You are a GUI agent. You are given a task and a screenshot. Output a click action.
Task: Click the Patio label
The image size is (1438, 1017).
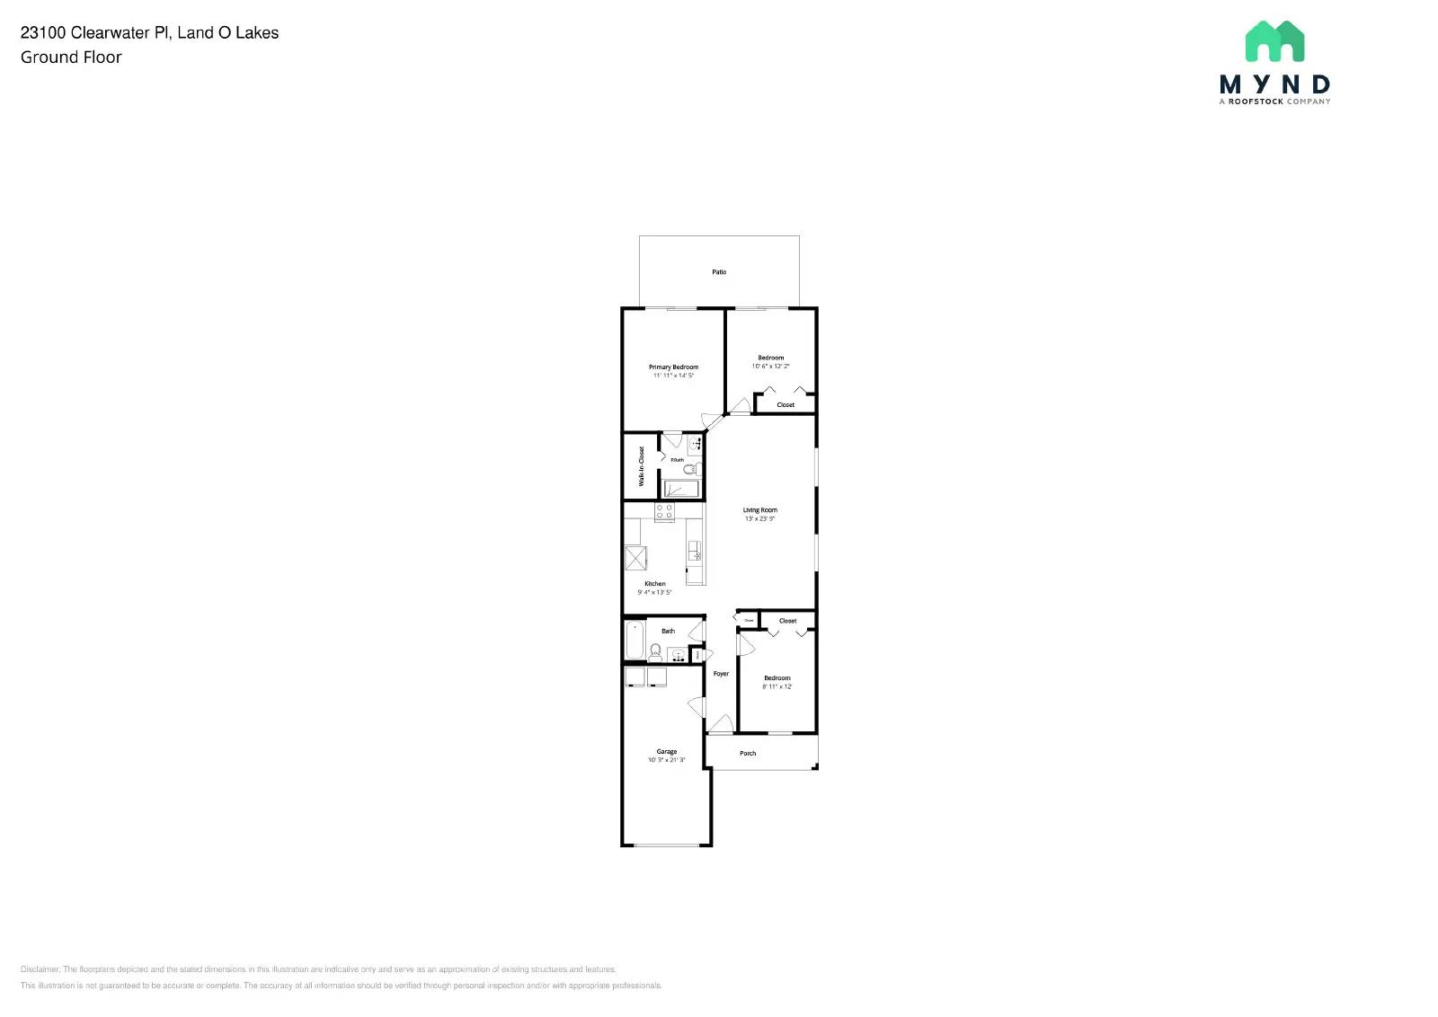(719, 271)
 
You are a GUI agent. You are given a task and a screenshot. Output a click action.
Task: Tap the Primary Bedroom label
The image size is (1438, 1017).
(673, 367)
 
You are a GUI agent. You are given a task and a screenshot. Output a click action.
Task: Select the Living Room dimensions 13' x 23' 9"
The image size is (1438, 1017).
(759, 518)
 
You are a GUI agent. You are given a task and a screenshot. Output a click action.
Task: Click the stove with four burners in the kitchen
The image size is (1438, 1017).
(664, 511)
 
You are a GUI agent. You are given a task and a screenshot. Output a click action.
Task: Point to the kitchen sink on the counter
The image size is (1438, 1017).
(694, 550)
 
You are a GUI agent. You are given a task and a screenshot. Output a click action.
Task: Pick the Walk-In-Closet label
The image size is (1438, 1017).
(642, 466)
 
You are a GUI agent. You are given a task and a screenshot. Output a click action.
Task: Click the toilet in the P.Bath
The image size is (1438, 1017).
(689, 469)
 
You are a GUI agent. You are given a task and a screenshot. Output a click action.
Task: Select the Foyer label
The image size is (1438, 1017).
(721, 673)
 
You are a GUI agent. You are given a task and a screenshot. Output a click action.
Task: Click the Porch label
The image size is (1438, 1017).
(748, 753)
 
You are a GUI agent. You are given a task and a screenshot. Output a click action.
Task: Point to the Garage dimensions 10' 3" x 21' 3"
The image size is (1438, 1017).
(666, 760)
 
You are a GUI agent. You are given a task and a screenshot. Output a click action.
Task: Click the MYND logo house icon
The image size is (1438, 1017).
(1274, 41)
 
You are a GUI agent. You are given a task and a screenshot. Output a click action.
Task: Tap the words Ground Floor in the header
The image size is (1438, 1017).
(71, 57)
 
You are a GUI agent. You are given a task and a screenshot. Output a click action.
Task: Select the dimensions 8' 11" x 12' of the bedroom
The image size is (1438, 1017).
(777, 686)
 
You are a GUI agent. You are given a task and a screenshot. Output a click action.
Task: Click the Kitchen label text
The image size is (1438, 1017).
(654, 584)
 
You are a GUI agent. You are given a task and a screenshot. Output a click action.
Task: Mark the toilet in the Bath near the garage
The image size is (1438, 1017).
(655, 651)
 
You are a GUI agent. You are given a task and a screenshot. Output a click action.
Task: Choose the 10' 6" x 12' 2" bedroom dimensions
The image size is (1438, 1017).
(770, 366)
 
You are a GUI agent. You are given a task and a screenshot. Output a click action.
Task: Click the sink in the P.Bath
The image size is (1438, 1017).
(695, 444)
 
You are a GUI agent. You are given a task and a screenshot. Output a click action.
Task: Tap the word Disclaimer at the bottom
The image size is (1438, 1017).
(40, 969)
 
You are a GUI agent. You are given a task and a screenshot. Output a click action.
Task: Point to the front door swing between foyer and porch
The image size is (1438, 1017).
(720, 724)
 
